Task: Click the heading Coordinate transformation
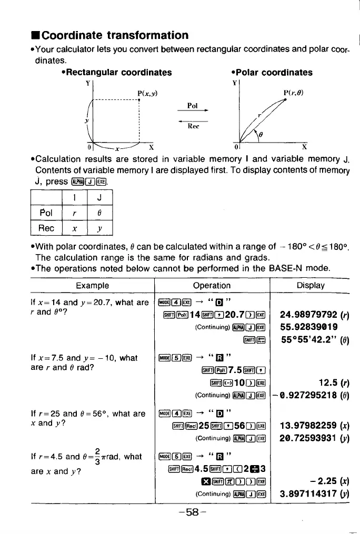(114, 36)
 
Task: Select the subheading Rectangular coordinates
(116, 72)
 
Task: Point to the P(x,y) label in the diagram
(147, 94)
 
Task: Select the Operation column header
(211, 286)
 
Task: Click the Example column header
(92, 286)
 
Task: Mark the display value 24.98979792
(311, 316)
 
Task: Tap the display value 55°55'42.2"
(311, 340)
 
